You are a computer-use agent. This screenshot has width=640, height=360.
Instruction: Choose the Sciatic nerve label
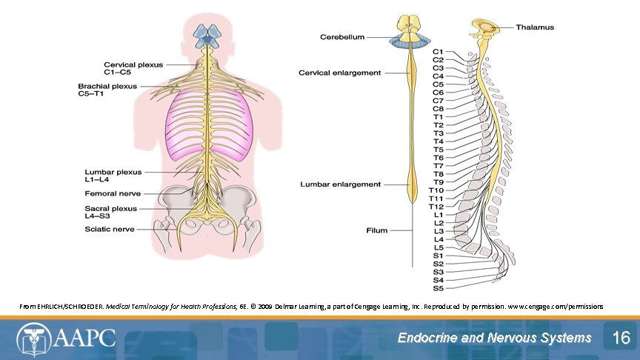point(110,229)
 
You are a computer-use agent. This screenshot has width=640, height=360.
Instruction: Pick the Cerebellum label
point(341,37)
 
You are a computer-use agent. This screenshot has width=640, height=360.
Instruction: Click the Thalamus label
point(535,27)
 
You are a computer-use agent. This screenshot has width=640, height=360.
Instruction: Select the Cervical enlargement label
point(339,73)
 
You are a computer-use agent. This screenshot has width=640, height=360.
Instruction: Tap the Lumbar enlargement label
point(341,184)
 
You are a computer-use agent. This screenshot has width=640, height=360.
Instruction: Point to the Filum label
point(377,230)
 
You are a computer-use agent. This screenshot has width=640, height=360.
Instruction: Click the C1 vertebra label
point(438,52)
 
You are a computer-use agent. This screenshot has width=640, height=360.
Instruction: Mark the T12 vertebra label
point(436,207)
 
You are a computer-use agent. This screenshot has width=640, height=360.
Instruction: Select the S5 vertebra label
point(438,288)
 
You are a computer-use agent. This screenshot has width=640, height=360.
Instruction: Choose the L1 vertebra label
point(438,215)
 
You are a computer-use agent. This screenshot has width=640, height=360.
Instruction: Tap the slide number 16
point(620,339)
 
